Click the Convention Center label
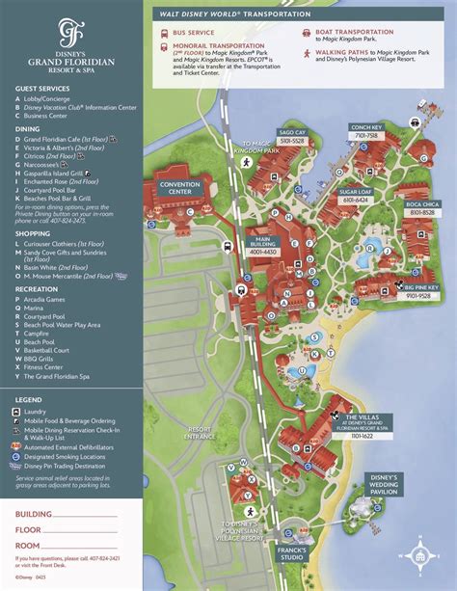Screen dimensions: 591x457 181,188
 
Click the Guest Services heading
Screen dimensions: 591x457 41,89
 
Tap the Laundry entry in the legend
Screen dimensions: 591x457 40,411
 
